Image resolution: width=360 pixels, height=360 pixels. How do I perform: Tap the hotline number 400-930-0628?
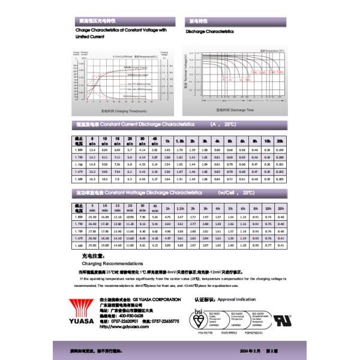pyautogui.click(x=131, y=315)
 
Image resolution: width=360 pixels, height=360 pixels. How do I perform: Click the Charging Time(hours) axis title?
pyautogui.click(x=124, y=111)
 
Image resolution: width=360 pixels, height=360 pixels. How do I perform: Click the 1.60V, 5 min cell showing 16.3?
pyautogui.click(x=92, y=178)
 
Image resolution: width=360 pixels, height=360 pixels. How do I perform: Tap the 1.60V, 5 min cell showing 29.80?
pyautogui.click(x=92, y=245)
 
